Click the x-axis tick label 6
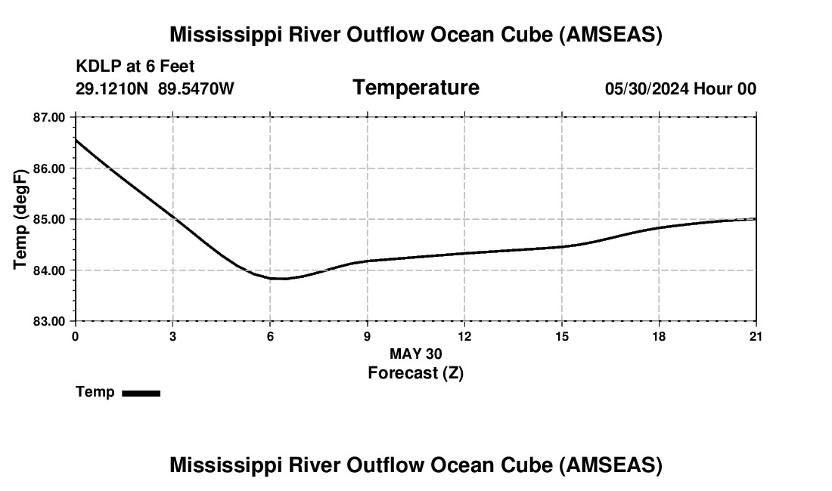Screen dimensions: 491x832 tap(270, 336)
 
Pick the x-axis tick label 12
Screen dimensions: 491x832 tap(464, 336)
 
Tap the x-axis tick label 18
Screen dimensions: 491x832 tap(659, 336)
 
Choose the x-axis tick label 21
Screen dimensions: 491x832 tap(756, 336)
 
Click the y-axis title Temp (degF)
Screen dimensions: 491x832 tap(21, 219)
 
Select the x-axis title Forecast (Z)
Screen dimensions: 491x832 tap(415, 372)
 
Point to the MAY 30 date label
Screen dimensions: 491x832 tap(415, 354)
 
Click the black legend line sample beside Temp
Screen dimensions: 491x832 tap(141, 393)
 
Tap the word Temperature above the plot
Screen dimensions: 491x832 tap(416, 88)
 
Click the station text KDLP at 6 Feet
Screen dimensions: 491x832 tap(135, 66)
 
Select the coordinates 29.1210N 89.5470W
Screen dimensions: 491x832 tap(155, 88)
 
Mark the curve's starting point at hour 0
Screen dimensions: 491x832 tap(76, 140)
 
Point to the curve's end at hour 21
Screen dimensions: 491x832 tap(756, 219)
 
